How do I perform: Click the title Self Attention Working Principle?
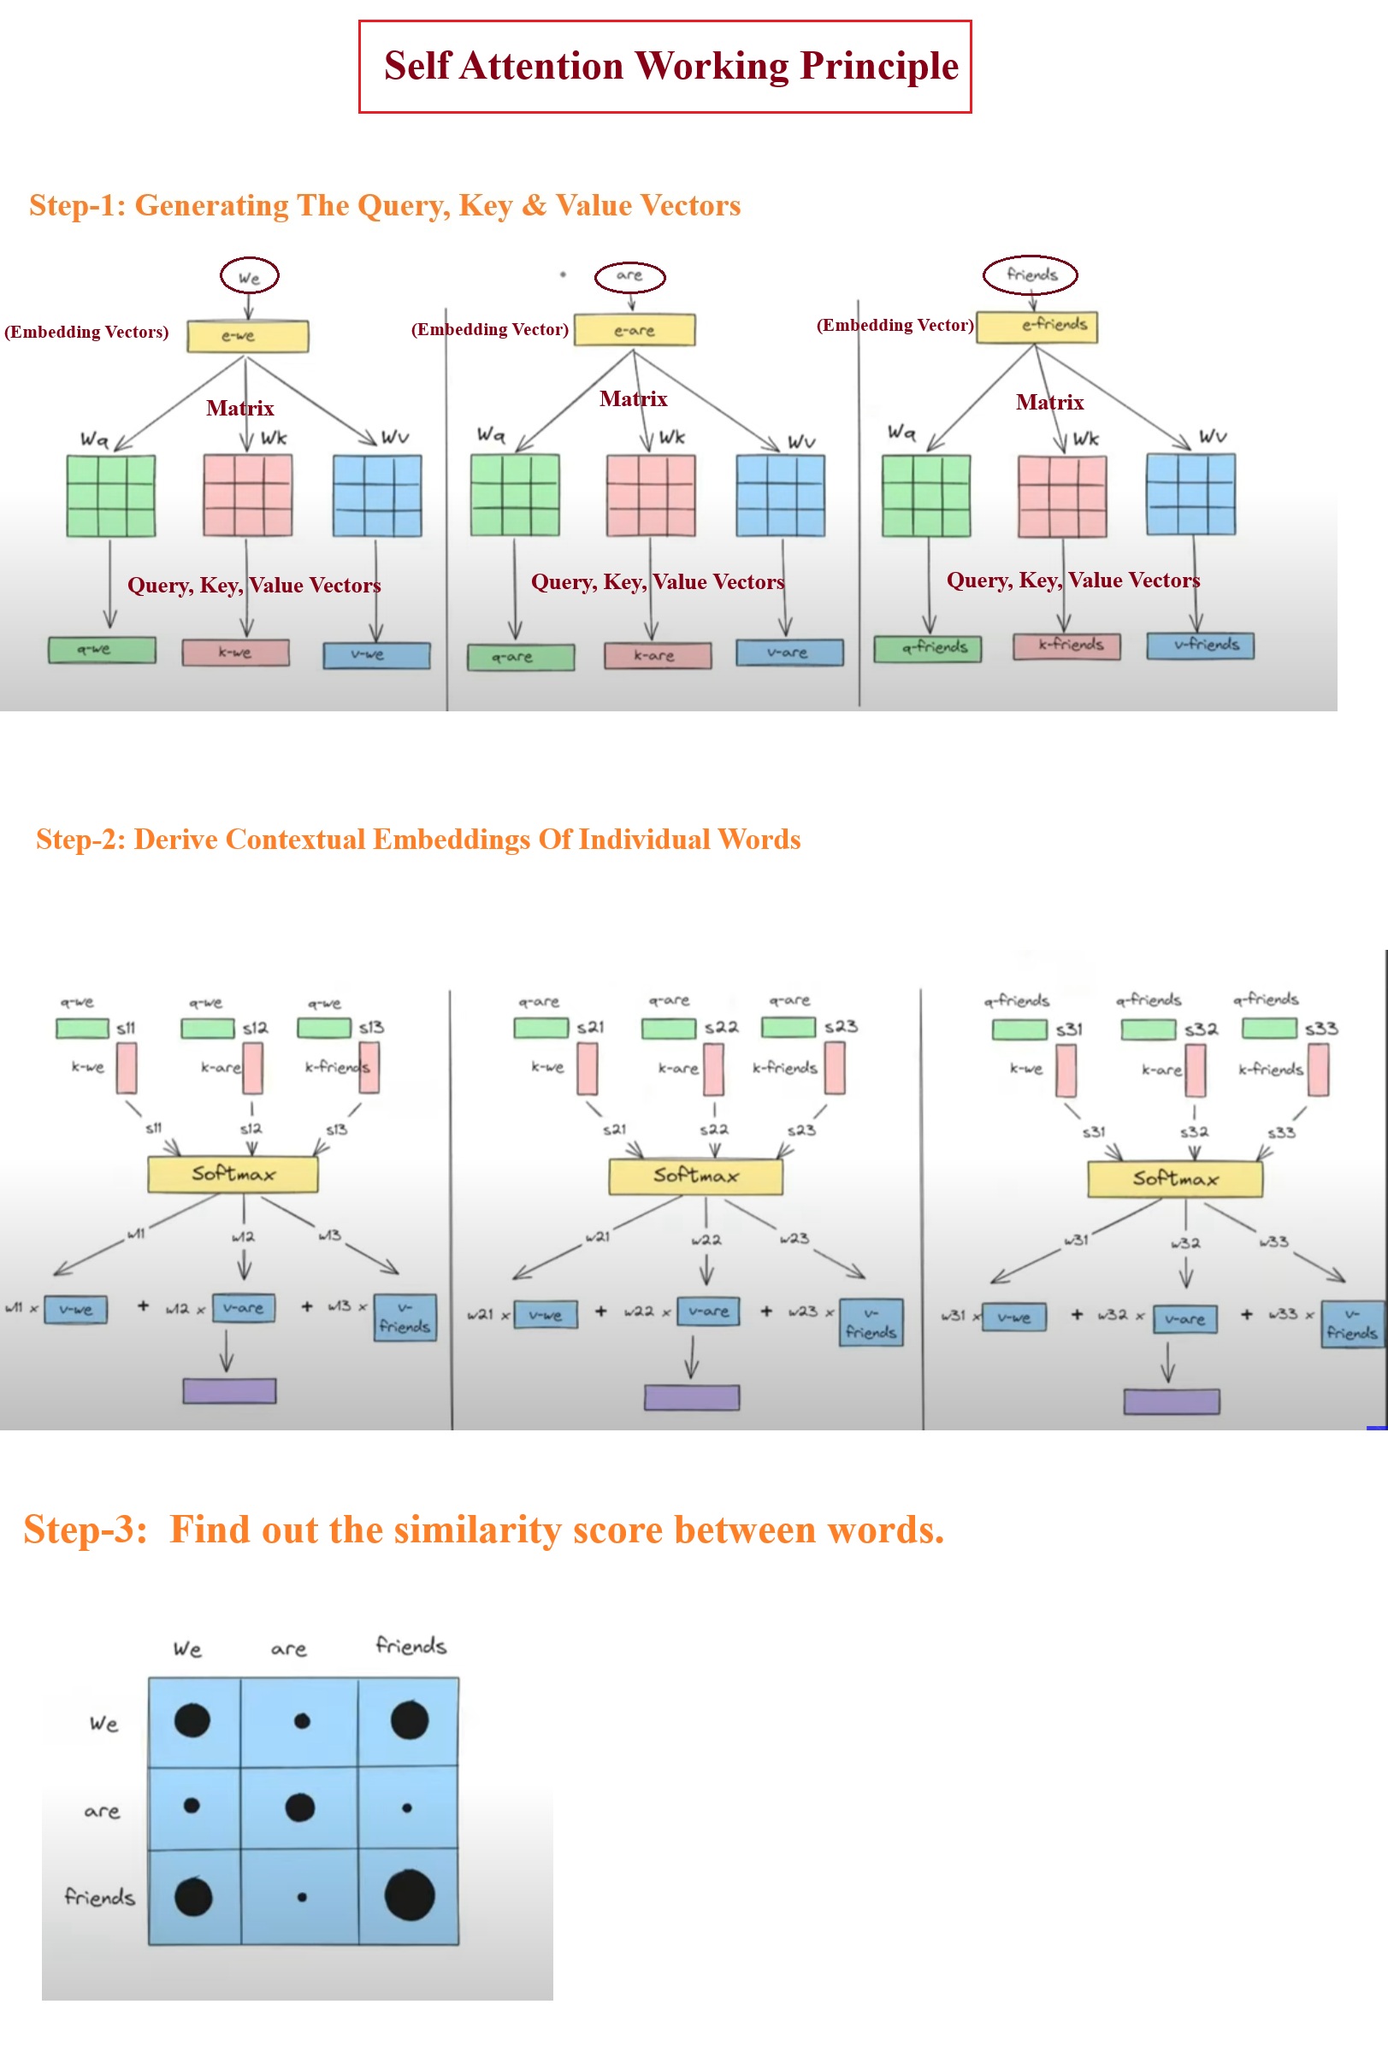pyautogui.click(x=670, y=67)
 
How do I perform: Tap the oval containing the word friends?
pyautogui.click(x=1031, y=274)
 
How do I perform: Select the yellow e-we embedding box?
pyautogui.click(x=248, y=336)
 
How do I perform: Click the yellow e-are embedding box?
pyautogui.click(x=634, y=330)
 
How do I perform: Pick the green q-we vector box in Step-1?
pyautogui.click(x=102, y=650)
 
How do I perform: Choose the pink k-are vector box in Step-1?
pyautogui.click(x=657, y=656)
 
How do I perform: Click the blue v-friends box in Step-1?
pyautogui.click(x=1200, y=645)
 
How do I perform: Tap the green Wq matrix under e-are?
pyautogui.click(x=514, y=495)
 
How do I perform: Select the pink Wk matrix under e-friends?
pyautogui.click(x=1061, y=496)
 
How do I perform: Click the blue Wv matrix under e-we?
pyautogui.click(x=377, y=496)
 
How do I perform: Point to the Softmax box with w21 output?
pyautogui.click(x=695, y=1176)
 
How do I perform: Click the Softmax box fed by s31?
pyautogui.click(x=1174, y=1179)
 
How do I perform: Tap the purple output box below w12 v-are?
pyautogui.click(x=229, y=1390)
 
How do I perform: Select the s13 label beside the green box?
pyautogui.click(x=371, y=1028)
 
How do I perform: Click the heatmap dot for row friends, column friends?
pyautogui.click(x=410, y=1895)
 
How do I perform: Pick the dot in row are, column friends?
pyautogui.click(x=407, y=1808)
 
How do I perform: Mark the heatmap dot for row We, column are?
pyautogui.click(x=302, y=1721)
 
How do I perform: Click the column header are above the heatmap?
pyautogui.click(x=288, y=1649)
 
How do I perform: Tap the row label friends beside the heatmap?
pyautogui.click(x=99, y=1897)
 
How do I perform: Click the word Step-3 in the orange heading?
pyautogui.click(x=85, y=1530)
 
